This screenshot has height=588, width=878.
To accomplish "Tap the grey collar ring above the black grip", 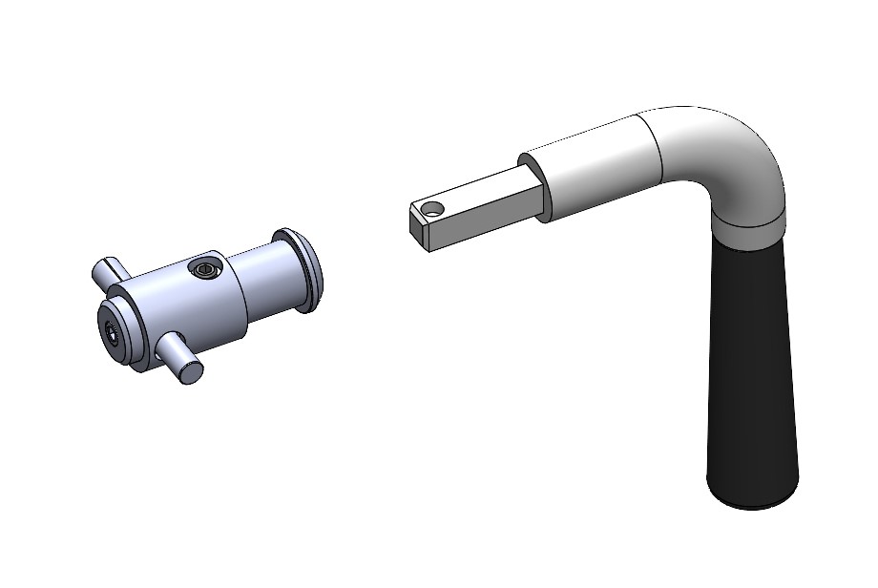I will (749, 229).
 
